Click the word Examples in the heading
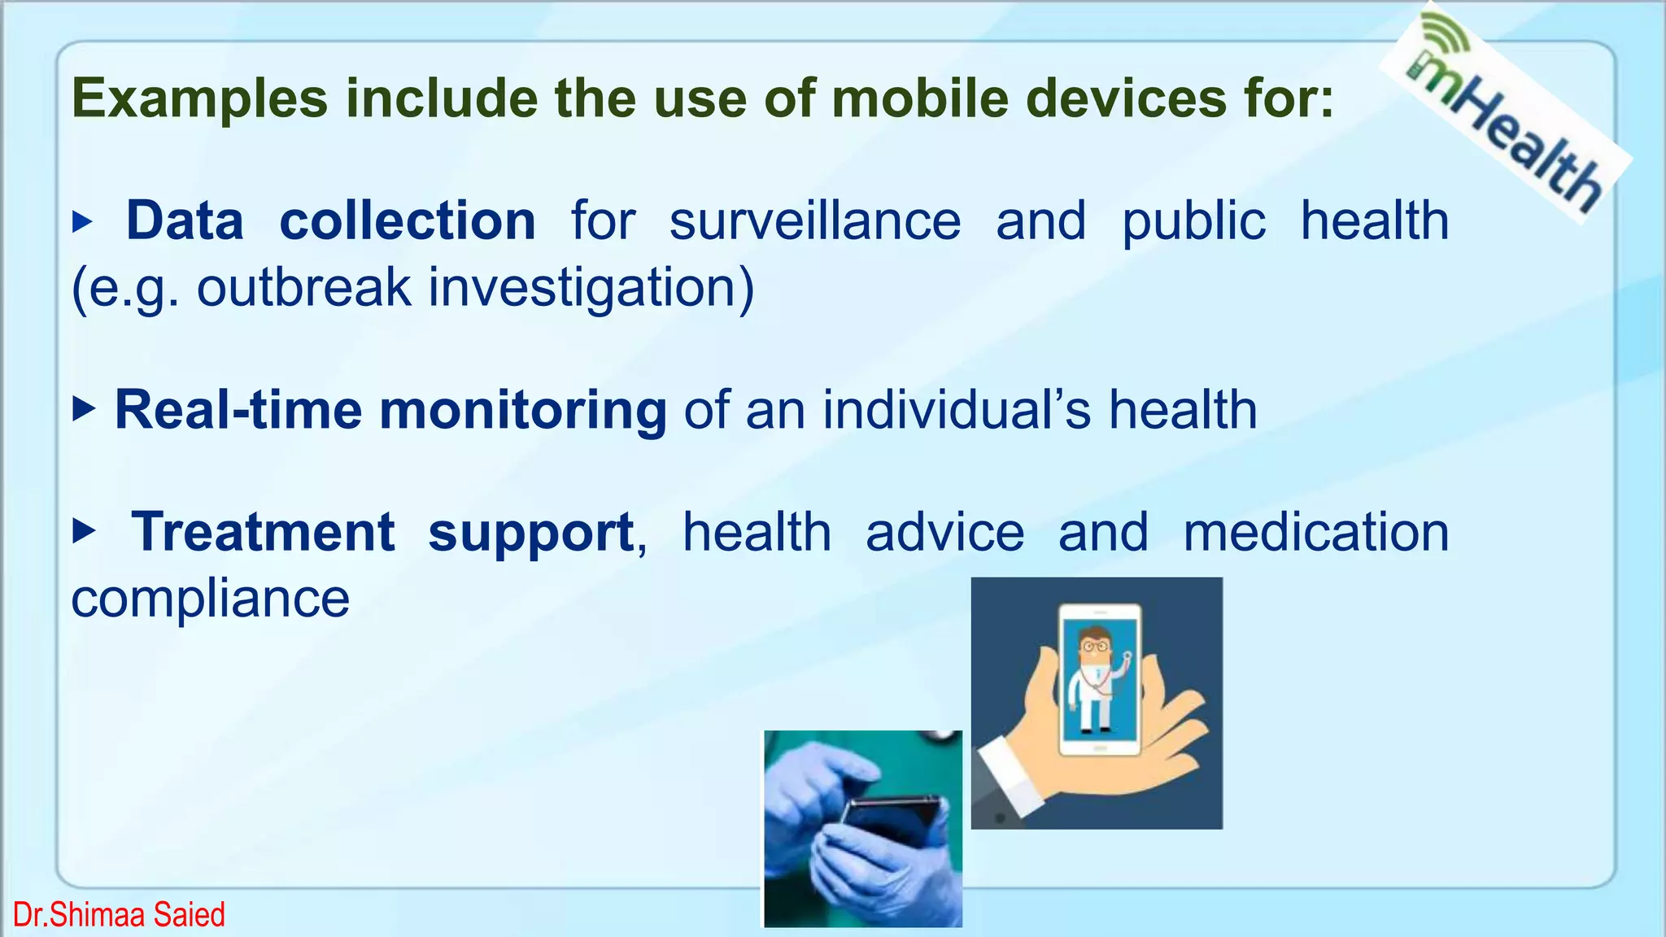tap(199, 99)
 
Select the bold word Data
tap(185, 221)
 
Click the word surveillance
tap(814, 221)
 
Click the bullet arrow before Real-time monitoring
tap(84, 409)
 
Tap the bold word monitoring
tap(523, 410)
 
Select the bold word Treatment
tap(263, 533)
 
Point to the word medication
tap(1315, 533)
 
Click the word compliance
tap(211, 599)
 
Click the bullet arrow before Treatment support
tap(84, 533)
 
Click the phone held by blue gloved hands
tap(891, 822)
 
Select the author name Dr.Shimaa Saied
tap(119, 915)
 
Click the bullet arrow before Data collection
tap(83, 221)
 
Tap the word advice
tap(944, 533)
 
